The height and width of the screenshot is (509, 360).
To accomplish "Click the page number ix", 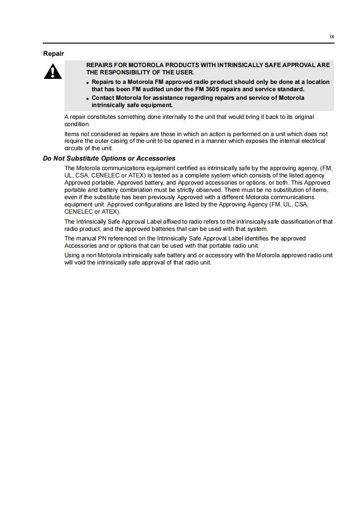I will point(332,36).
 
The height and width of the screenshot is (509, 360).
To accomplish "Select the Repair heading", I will point(54,54).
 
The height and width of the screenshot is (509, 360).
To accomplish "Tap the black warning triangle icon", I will point(53,72).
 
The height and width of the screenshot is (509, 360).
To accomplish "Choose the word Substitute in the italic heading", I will point(83,158).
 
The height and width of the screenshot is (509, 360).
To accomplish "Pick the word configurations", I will point(123,205).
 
